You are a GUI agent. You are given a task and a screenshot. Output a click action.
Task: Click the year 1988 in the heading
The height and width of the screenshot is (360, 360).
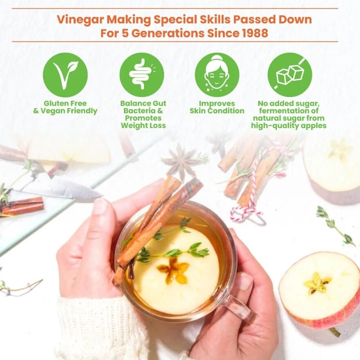[255, 33]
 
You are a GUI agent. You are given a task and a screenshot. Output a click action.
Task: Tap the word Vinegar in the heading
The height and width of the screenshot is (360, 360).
[80, 20]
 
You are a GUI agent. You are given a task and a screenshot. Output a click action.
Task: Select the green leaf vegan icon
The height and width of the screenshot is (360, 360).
[65, 75]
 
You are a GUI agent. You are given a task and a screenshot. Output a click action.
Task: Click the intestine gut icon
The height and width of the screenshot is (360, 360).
[142, 75]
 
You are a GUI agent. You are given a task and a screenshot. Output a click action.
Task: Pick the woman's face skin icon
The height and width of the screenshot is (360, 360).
[217, 75]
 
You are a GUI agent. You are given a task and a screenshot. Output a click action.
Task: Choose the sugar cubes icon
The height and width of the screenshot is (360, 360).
[290, 75]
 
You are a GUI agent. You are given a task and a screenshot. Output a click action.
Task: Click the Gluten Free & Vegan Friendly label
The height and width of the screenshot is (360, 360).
[65, 107]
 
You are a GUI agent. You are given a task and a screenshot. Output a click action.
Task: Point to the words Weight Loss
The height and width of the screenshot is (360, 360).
[143, 126]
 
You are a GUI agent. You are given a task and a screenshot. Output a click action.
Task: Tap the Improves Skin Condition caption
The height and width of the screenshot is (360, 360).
[217, 107]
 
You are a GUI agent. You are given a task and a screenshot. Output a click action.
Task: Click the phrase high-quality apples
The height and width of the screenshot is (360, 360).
[288, 126]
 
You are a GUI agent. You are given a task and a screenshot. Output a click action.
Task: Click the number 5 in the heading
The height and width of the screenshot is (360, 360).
[124, 33]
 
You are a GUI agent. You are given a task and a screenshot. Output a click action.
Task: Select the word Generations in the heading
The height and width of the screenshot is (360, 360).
[168, 33]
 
